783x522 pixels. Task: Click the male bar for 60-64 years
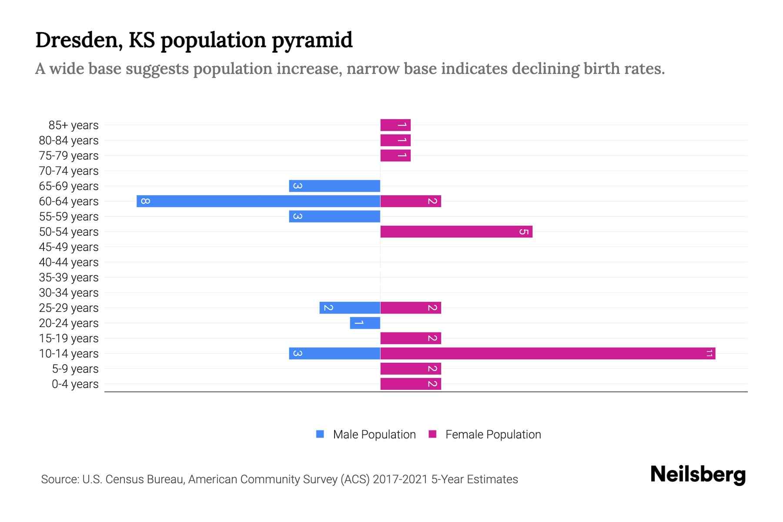coord(258,201)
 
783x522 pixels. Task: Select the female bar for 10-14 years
coord(548,353)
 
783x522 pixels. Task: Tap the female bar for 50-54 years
coord(456,231)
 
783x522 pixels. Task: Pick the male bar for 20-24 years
coord(365,323)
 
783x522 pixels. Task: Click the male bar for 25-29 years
coord(350,308)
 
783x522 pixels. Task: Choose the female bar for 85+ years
coord(395,125)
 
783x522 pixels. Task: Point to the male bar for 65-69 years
coord(335,186)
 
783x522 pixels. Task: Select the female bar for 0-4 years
coord(411,384)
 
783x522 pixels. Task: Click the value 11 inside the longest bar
coord(709,353)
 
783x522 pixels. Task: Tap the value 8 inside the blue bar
coord(146,201)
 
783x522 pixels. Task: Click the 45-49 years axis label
coord(69,247)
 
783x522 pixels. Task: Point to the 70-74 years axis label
coord(69,171)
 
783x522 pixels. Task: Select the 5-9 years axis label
coord(75,369)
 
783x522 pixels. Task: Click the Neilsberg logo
coord(698,474)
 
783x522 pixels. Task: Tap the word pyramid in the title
coord(312,40)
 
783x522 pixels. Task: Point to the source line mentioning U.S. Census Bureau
coord(279,479)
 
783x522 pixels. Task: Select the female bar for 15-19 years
coord(411,338)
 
